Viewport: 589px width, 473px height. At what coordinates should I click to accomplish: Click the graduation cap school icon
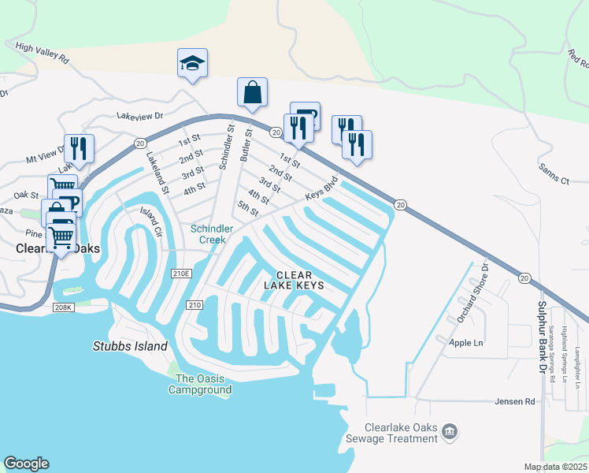point(192,63)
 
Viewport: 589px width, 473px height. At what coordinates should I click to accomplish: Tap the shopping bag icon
point(252,92)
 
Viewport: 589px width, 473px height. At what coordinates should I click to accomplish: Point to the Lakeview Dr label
point(139,115)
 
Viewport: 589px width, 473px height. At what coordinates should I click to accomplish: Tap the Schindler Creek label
point(212,233)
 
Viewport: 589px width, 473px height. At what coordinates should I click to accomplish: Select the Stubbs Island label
point(130,346)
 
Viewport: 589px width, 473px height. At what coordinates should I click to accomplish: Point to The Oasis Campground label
point(203,384)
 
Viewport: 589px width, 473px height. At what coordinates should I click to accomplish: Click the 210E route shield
point(181,274)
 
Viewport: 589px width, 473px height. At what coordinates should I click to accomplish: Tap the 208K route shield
point(64,306)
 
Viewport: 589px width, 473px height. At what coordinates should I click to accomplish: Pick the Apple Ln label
point(465,343)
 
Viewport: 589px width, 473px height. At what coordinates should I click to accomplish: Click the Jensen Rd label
point(515,401)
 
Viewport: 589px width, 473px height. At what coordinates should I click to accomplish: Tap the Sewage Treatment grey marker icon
point(450,431)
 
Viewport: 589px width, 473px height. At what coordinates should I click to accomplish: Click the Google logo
point(27,464)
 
